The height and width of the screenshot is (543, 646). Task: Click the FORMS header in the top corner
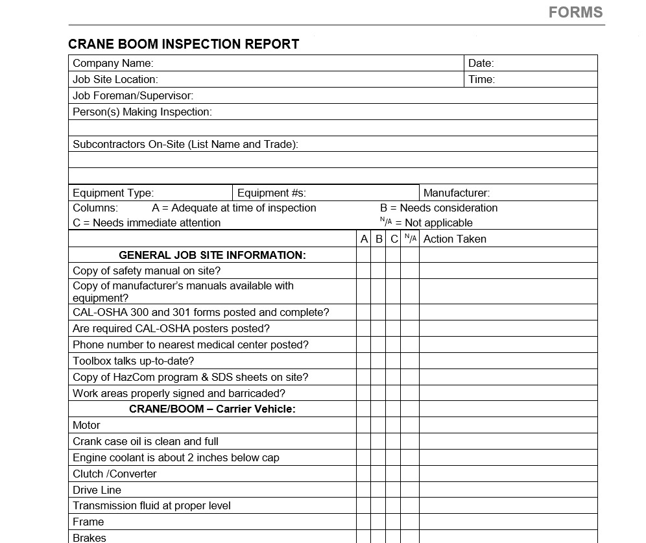(x=575, y=12)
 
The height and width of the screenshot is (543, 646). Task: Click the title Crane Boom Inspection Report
(x=184, y=44)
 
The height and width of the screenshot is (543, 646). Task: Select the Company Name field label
(x=113, y=63)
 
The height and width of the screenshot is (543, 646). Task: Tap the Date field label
(x=481, y=63)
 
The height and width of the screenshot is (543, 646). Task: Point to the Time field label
(x=481, y=79)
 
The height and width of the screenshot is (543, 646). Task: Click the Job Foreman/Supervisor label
(x=133, y=95)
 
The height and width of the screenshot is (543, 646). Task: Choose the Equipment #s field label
(x=271, y=193)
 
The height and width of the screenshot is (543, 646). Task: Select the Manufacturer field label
(x=457, y=193)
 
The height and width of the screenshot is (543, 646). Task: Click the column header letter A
(x=364, y=239)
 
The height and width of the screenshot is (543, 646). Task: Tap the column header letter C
(x=394, y=239)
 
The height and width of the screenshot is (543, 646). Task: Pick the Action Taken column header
(x=455, y=239)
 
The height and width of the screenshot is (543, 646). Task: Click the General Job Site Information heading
(x=212, y=255)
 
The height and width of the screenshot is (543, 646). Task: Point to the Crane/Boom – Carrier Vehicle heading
(x=212, y=409)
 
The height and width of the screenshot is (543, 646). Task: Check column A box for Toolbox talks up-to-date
(x=364, y=361)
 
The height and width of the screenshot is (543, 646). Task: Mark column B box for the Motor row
(x=379, y=425)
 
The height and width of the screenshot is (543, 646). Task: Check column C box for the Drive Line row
(x=394, y=490)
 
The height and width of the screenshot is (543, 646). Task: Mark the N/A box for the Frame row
(x=410, y=522)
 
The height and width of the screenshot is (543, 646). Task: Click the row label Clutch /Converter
(x=115, y=474)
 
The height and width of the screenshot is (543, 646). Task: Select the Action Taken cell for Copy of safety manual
(x=508, y=271)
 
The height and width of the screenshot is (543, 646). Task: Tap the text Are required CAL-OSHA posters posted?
(x=171, y=328)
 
